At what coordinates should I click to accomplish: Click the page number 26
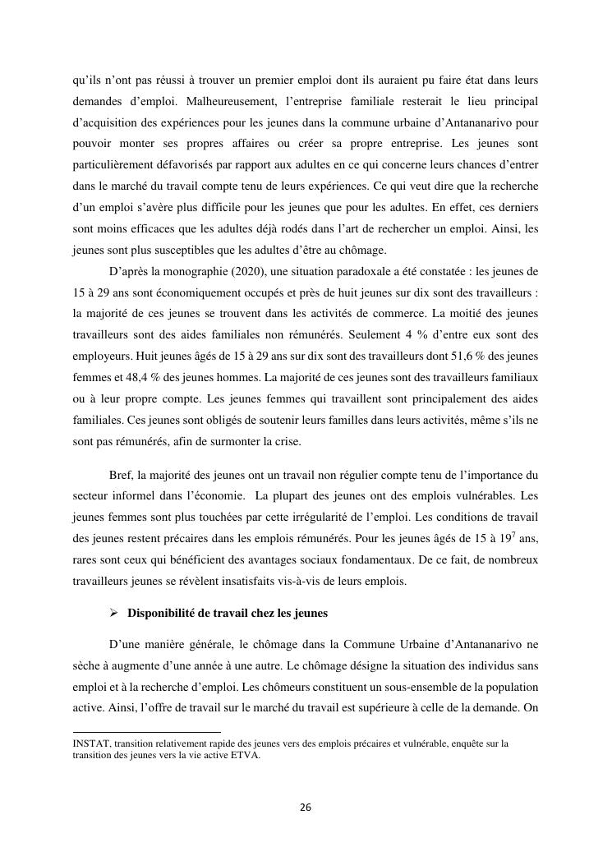tap(306, 807)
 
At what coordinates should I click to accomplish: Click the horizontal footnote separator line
tap(147, 731)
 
